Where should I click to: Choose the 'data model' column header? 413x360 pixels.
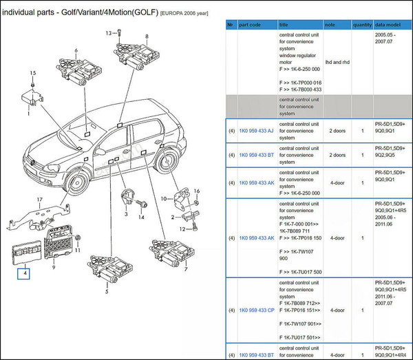click(x=388, y=24)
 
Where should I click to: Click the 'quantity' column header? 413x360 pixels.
click(x=362, y=24)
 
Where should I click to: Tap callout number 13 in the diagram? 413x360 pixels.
click(x=109, y=33)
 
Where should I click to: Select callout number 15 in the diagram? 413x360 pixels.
click(x=32, y=73)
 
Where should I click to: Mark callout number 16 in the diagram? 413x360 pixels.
click(x=195, y=191)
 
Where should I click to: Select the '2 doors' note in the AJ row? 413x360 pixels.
click(x=337, y=130)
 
